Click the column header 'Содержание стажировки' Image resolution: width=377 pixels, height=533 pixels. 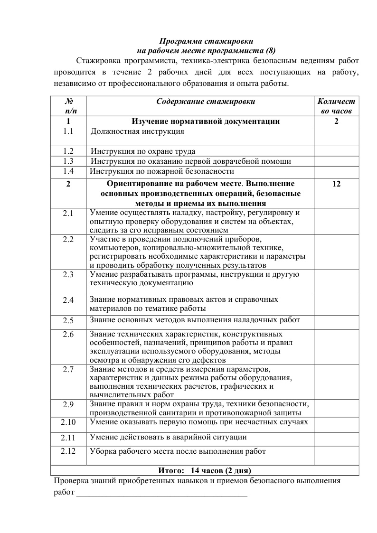(x=205, y=102)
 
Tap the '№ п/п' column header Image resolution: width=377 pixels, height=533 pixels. (x=69, y=106)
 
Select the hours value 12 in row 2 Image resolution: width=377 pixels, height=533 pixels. (x=336, y=184)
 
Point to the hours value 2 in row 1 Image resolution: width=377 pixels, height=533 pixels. (x=336, y=122)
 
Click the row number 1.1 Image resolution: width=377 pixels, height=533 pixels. (x=68, y=131)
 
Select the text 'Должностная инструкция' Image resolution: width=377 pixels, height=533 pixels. (x=137, y=131)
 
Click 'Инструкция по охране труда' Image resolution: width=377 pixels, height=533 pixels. (x=143, y=151)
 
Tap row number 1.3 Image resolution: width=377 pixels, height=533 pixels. (x=68, y=161)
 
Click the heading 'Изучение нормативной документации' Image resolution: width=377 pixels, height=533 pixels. (x=206, y=122)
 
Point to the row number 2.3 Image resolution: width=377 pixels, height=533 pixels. (x=68, y=275)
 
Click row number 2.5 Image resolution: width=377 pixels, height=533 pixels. (x=68, y=320)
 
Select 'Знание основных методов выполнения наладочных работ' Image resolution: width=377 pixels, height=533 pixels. (x=195, y=320)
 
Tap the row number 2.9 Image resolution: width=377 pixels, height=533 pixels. (x=68, y=405)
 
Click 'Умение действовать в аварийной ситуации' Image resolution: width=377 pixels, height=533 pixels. (x=168, y=437)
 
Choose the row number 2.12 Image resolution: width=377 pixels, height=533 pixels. (x=68, y=451)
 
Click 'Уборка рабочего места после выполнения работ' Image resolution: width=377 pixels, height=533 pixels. (x=178, y=451)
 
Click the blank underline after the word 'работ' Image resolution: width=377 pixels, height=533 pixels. (x=161, y=493)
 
